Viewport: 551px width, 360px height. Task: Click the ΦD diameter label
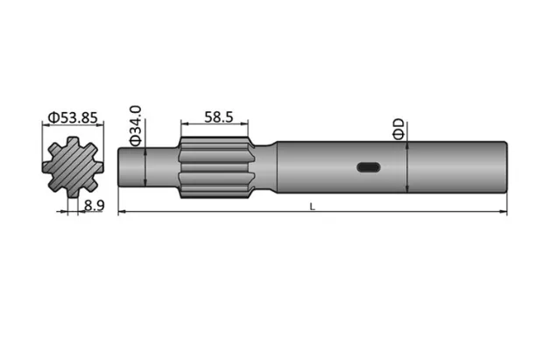[x=399, y=130]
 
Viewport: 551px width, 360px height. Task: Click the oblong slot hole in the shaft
[x=368, y=167]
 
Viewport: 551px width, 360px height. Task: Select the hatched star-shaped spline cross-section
[x=73, y=166]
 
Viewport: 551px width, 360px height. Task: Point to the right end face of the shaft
[x=507, y=166]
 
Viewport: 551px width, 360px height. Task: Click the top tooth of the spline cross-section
[x=73, y=141]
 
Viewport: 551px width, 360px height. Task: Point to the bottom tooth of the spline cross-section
[x=73, y=193]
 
